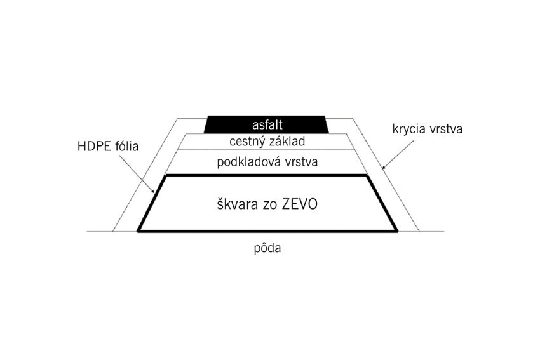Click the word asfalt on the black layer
pyautogui.click(x=267, y=124)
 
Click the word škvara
pyautogui.click(x=238, y=204)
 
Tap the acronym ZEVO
pyautogui.click(x=300, y=204)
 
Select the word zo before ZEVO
pyautogui.click(x=270, y=206)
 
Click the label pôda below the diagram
pyautogui.click(x=267, y=248)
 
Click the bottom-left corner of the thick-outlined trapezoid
pyautogui.click(x=138, y=231)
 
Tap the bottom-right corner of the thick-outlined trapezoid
pyautogui.click(x=397, y=231)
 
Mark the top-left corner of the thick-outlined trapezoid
pyautogui.click(x=166, y=175)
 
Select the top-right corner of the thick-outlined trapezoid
pyautogui.click(x=367, y=175)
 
